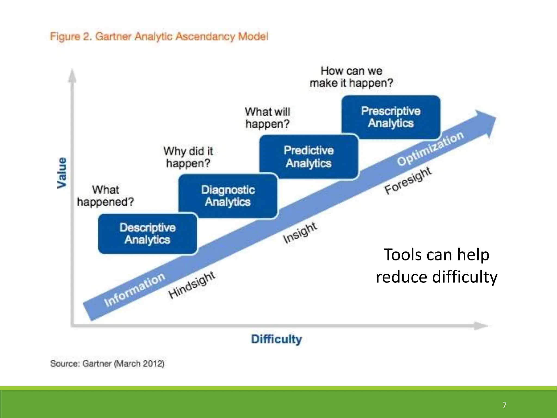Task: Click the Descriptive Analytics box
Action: coord(147,234)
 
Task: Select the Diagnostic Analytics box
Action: coord(228,196)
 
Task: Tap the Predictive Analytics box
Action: coord(309,157)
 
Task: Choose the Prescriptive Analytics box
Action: coord(391,117)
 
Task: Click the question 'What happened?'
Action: coord(106,196)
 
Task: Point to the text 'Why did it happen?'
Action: coord(188,157)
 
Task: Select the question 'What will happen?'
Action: coord(268,118)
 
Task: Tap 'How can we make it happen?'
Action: coord(351,77)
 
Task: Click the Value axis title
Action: coord(62,173)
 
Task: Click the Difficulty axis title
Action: coord(276,339)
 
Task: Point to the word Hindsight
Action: coord(192,285)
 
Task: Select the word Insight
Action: coord(300,233)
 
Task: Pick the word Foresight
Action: coord(408,180)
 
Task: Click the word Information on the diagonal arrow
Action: coord(134,290)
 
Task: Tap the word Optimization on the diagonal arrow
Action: coord(430,148)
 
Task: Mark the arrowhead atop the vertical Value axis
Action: coord(72,75)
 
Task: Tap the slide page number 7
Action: coord(505,405)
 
